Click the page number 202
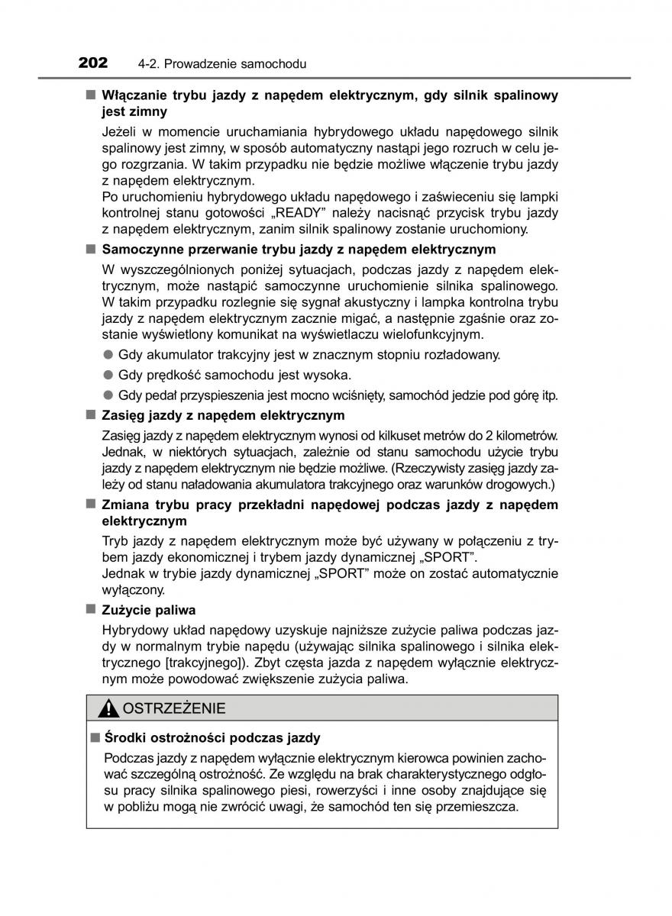pyautogui.click(x=93, y=63)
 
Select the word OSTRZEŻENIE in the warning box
pyautogui.click(x=174, y=708)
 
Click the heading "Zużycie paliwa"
pyautogui.click(x=149, y=610)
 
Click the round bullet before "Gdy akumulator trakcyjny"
pyautogui.click(x=108, y=354)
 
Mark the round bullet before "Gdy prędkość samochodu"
pyautogui.click(x=108, y=375)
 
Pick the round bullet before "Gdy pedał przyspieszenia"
pyautogui.click(x=108, y=395)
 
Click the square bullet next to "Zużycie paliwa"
pyautogui.click(x=90, y=609)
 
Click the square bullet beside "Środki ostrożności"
pyautogui.click(x=95, y=737)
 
